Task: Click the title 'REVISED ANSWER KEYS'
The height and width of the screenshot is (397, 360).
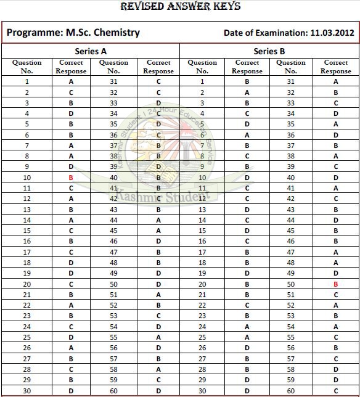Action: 180,7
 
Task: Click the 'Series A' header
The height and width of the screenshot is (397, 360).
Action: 91,51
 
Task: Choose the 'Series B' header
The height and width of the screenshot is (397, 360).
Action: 269,51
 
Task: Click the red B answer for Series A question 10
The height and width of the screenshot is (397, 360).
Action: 72,178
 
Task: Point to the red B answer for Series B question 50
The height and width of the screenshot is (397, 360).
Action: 336,284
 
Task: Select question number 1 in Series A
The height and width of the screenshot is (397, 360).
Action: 27,81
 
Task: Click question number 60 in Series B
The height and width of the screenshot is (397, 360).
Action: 291,391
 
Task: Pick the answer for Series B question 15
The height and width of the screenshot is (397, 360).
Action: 247,231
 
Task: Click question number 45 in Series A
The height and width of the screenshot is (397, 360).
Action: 113,231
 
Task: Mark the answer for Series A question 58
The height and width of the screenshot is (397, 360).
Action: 158,369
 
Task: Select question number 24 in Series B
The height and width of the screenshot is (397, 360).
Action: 202,327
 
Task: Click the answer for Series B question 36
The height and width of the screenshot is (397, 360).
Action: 336,135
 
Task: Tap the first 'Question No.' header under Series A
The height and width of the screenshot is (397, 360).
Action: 27,67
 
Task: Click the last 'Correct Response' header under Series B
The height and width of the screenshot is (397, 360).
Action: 336,67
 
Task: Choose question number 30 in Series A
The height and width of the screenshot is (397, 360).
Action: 27,391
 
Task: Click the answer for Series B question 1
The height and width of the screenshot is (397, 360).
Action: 247,81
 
